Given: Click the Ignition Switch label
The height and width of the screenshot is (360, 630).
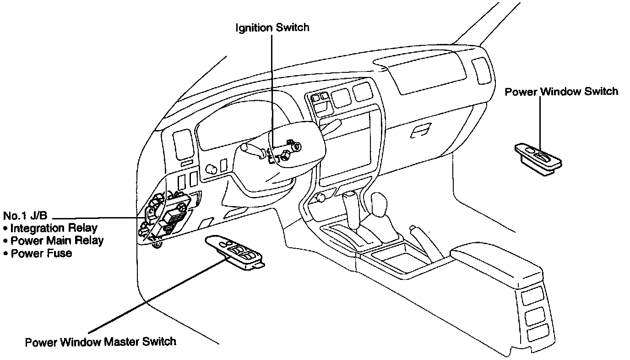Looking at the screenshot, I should click(x=272, y=27).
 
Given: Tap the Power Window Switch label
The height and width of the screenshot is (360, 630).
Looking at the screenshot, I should click(x=561, y=92).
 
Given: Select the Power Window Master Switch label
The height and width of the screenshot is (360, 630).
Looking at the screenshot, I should click(x=101, y=342).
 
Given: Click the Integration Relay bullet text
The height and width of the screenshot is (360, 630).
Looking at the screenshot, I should click(x=54, y=228).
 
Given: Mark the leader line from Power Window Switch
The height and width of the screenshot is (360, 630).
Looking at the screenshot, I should click(x=540, y=124).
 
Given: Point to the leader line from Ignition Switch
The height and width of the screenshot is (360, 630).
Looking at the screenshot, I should click(x=272, y=92).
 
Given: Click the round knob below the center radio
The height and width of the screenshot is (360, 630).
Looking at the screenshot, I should click(x=320, y=198).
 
